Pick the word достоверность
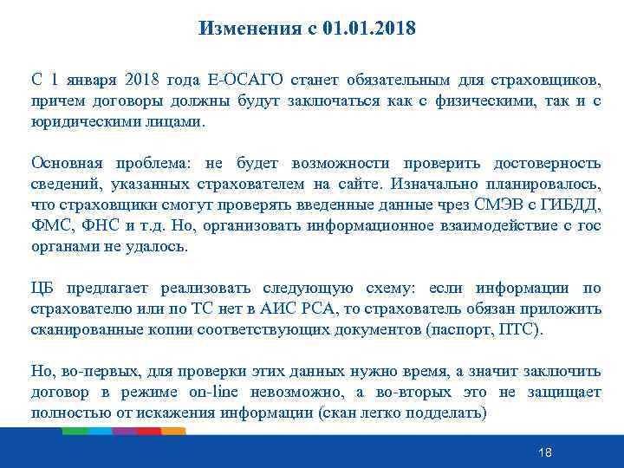[x=547, y=164]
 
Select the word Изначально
[x=433, y=185]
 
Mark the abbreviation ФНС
[x=103, y=226]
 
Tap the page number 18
[x=544, y=452]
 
